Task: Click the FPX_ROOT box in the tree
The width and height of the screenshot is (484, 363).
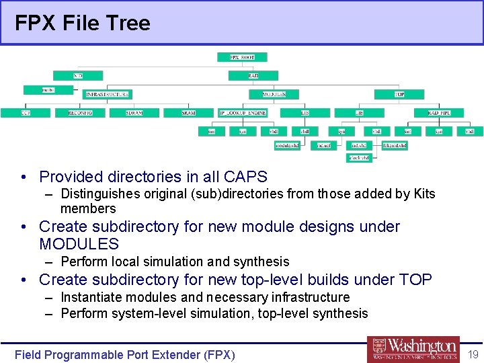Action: pyautogui.click(x=242, y=58)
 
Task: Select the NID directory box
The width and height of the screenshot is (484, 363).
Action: pyautogui.click(x=77, y=76)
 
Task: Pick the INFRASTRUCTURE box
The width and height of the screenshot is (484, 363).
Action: pyautogui.click(x=107, y=95)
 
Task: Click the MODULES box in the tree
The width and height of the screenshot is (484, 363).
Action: pyautogui.click(x=274, y=95)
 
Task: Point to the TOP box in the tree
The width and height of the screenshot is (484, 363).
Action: pyautogui.click(x=399, y=95)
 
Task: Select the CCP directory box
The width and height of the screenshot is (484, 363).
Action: pyautogui.click(x=25, y=113)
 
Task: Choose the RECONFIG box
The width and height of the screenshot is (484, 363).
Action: pyautogui.click(x=80, y=113)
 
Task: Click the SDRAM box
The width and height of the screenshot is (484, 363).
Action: pyautogui.click(x=134, y=113)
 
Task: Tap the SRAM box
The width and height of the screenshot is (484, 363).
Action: pyautogui.click(x=189, y=113)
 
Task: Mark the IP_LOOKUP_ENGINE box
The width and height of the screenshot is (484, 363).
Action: pyautogui.click(x=243, y=113)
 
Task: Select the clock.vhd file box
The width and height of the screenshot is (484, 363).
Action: pyautogui.click(x=359, y=158)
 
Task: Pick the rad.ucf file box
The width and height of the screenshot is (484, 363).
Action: pyautogui.click(x=323, y=145)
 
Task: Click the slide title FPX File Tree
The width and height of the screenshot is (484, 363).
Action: pyautogui.click(x=83, y=24)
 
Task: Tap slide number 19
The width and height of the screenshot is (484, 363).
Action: pyautogui.click(x=473, y=354)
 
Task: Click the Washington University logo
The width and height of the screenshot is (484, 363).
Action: pyautogui.click(x=413, y=349)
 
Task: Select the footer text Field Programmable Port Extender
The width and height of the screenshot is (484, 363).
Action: pyautogui.click(x=125, y=354)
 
